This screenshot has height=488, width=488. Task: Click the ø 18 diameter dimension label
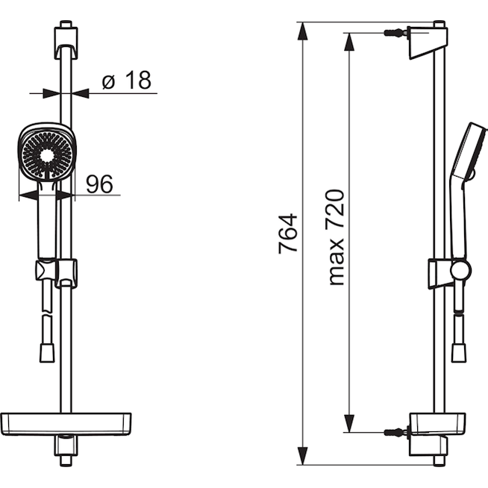tap(126, 81)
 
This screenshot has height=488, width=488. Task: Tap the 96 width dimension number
tap(99, 184)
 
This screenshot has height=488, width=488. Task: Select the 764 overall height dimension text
tap(288, 234)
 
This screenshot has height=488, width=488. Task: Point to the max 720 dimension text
tap(335, 237)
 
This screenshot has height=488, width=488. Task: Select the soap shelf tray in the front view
tap(66, 424)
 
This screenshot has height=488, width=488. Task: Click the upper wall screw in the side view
tap(396, 33)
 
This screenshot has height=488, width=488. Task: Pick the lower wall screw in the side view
tap(396, 432)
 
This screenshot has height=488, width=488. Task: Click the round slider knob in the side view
tap(461, 269)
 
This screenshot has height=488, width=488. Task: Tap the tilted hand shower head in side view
tap(469, 152)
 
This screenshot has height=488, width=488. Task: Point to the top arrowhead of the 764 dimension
tap(302, 31)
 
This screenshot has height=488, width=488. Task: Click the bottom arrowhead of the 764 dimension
tap(302, 456)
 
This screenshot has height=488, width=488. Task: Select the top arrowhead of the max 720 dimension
tap(349, 41)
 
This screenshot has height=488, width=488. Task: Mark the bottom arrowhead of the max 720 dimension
tap(349, 423)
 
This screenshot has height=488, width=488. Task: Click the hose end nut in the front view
tap(47, 353)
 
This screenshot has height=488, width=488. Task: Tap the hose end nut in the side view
tap(459, 353)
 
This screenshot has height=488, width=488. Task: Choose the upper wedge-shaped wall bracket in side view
tap(428, 43)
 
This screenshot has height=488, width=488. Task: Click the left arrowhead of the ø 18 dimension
tap(51, 93)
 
